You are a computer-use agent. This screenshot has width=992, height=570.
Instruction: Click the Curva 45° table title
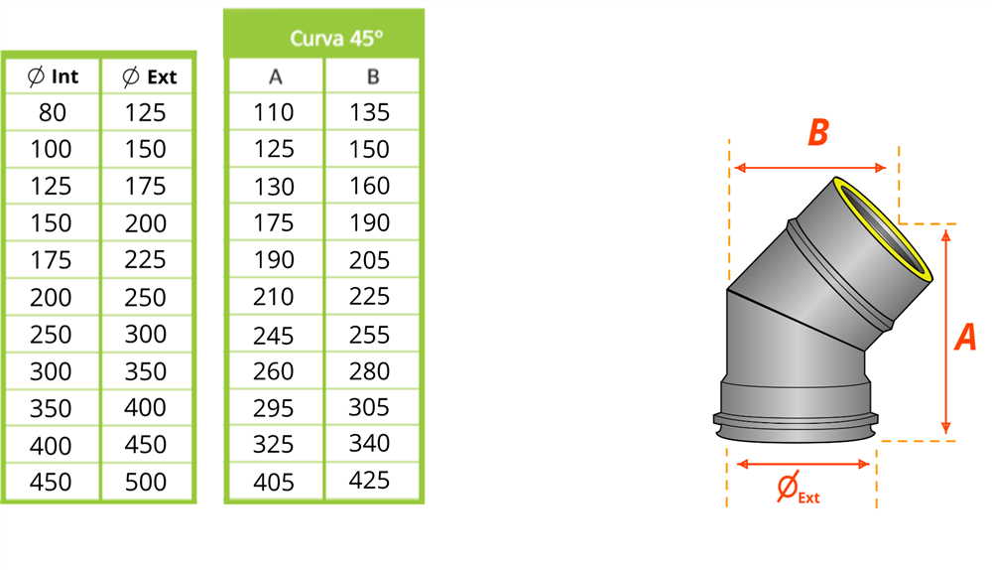coord(336,39)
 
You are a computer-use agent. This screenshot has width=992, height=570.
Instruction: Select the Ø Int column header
coord(53,76)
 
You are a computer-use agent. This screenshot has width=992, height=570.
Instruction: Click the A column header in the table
coord(276,76)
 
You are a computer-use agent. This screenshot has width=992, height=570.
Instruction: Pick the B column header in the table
coord(372,76)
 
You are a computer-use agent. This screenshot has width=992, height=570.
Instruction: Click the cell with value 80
coord(52,112)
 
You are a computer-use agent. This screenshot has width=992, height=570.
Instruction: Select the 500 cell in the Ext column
coord(146,483)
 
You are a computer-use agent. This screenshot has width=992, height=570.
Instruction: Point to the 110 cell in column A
coord(274,112)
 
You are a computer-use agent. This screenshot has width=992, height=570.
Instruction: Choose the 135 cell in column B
coord(370,112)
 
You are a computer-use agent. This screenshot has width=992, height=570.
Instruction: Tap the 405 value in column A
coord(274,483)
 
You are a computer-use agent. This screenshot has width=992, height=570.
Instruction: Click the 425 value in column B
coord(370,481)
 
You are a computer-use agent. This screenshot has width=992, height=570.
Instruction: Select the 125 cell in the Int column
coord(51,187)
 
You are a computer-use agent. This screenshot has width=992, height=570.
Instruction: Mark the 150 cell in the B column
coord(370,149)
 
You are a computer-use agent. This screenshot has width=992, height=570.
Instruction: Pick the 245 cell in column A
coord(274,335)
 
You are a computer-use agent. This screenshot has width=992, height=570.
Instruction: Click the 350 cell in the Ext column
coord(146,371)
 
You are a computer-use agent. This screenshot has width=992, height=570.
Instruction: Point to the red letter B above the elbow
coord(817,133)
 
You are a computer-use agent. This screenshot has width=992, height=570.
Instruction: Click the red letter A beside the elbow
coord(964,339)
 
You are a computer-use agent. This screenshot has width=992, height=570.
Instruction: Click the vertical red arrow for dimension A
coord(946,328)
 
